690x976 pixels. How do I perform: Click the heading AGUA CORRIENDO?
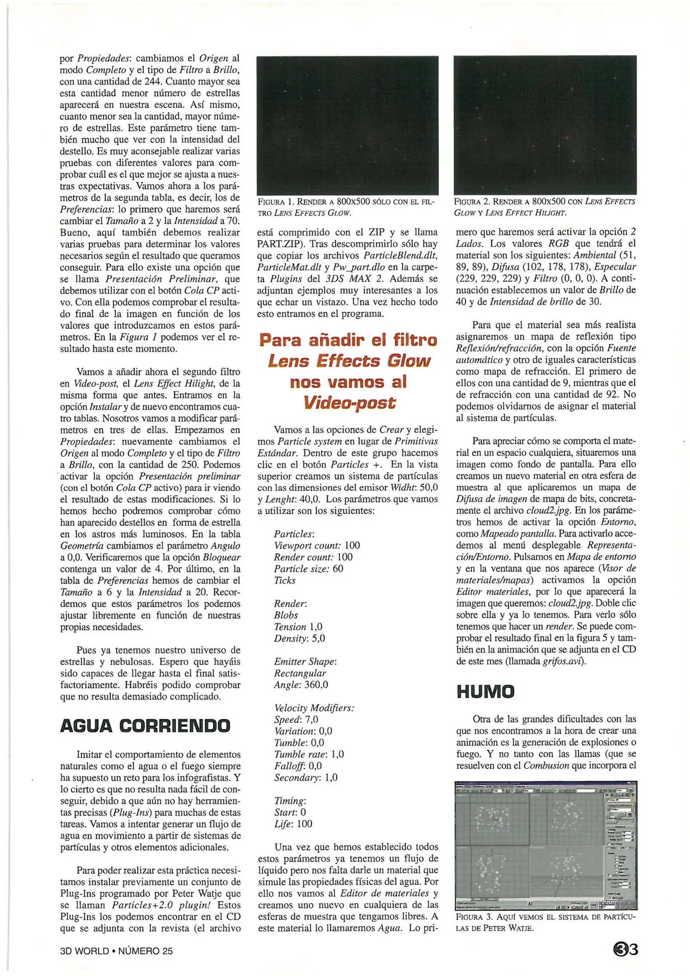145,726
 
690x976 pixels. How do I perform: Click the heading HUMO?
485,692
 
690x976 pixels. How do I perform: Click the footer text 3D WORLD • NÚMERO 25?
116,951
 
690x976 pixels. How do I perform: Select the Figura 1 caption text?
346,207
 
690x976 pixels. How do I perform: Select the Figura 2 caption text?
544,207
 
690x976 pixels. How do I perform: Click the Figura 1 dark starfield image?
347,125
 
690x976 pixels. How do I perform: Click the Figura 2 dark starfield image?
545,125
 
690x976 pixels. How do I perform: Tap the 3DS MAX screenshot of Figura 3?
545,845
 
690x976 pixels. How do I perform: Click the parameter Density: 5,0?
299,638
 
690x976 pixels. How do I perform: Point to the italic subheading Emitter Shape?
305,662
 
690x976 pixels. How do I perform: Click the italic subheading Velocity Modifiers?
314,708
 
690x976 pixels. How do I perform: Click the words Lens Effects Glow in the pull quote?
348,361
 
